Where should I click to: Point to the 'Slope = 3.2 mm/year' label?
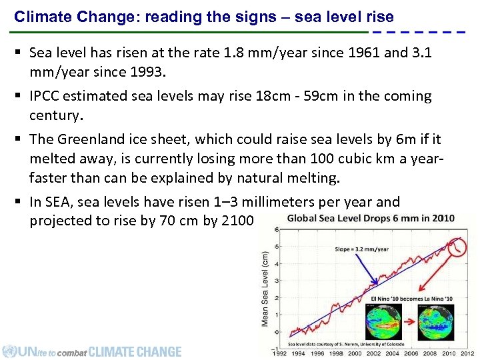pos(361,249)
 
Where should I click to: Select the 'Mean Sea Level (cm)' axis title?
pos(265,289)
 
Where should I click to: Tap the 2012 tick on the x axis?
pos(467,353)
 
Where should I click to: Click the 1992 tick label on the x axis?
pos(281,353)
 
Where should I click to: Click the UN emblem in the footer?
pos(9,351)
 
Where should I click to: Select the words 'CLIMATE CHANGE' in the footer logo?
pos(135,351)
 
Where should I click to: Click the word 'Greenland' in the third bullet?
pos(88,139)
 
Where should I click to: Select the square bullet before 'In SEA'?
pos(19,202)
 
